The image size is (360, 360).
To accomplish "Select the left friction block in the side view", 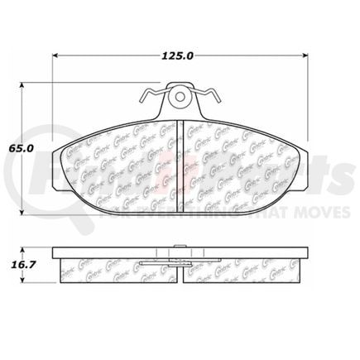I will click(120, 267).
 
